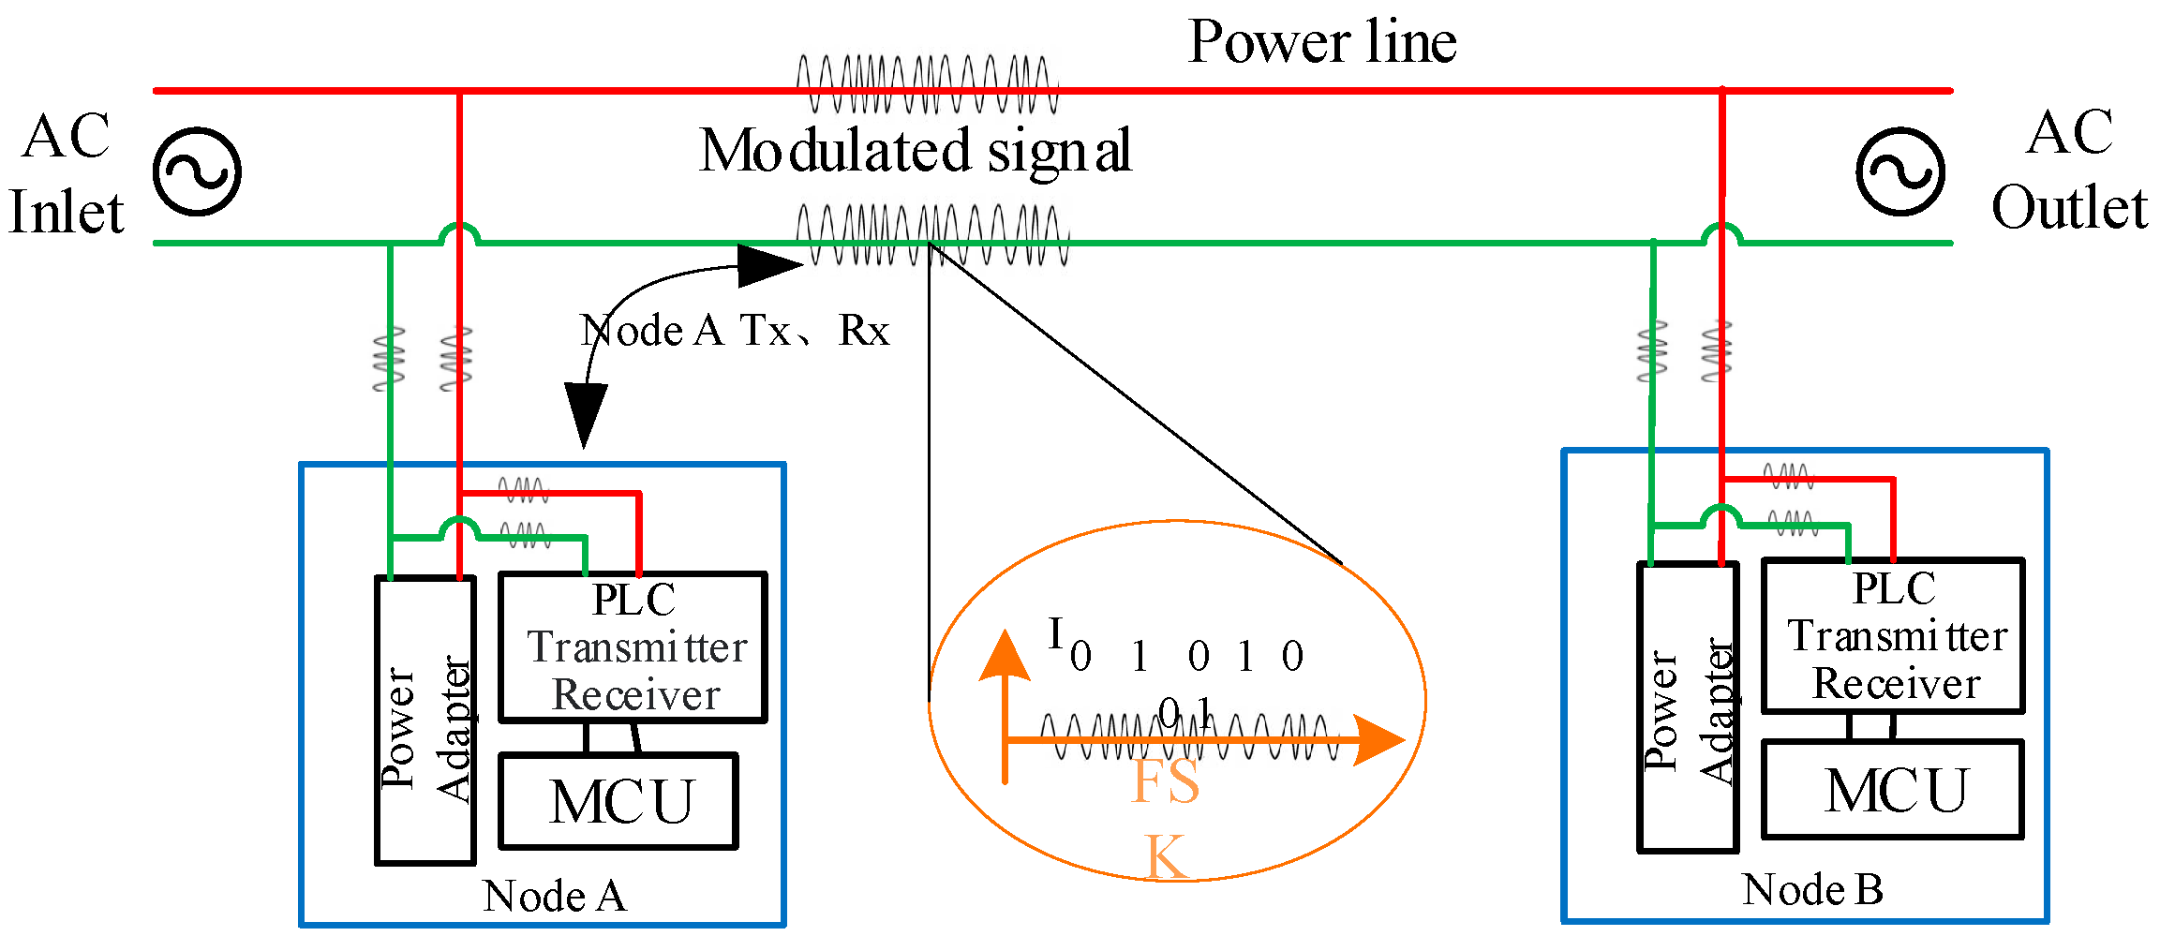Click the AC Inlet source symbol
(x=197, y=172)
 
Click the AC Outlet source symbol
(x=1900, y=172)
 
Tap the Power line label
(x=1322, y=43)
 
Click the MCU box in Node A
(x=618, y=802)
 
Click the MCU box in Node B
(x=1893, y=790)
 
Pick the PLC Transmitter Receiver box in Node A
(x=633, y=647)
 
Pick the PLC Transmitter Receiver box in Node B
(x=1893, y=636)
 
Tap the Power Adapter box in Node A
(x=425, y=720)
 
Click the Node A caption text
(x=554, y=897)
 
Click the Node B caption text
(x=1812, y=890)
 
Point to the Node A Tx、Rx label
(x=734, y=331)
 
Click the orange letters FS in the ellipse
(x=1165, y=781)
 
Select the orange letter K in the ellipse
(x=1167, y=856)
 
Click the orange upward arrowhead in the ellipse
(x=1005, y=656)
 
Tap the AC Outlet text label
(x=2069, y=171)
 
